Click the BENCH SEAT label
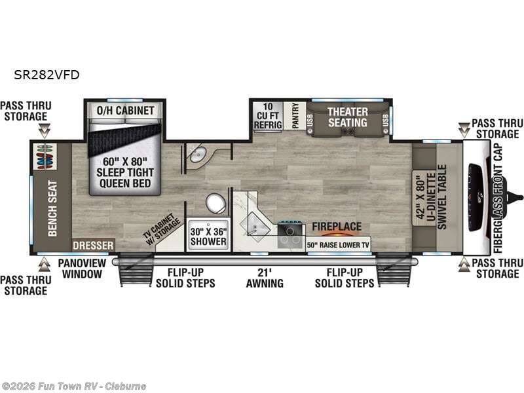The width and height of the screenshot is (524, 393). point(53,208)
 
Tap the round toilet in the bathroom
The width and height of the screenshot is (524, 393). point(215,204)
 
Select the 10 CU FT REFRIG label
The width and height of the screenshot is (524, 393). point(269,115)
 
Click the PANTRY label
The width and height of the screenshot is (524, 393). point(295,115)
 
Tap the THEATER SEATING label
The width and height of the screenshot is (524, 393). point(347,117)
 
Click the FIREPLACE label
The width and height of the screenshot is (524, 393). point(336,227)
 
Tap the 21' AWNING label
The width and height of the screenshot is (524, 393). point(265,278)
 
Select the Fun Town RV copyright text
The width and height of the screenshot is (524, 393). point(74,386)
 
